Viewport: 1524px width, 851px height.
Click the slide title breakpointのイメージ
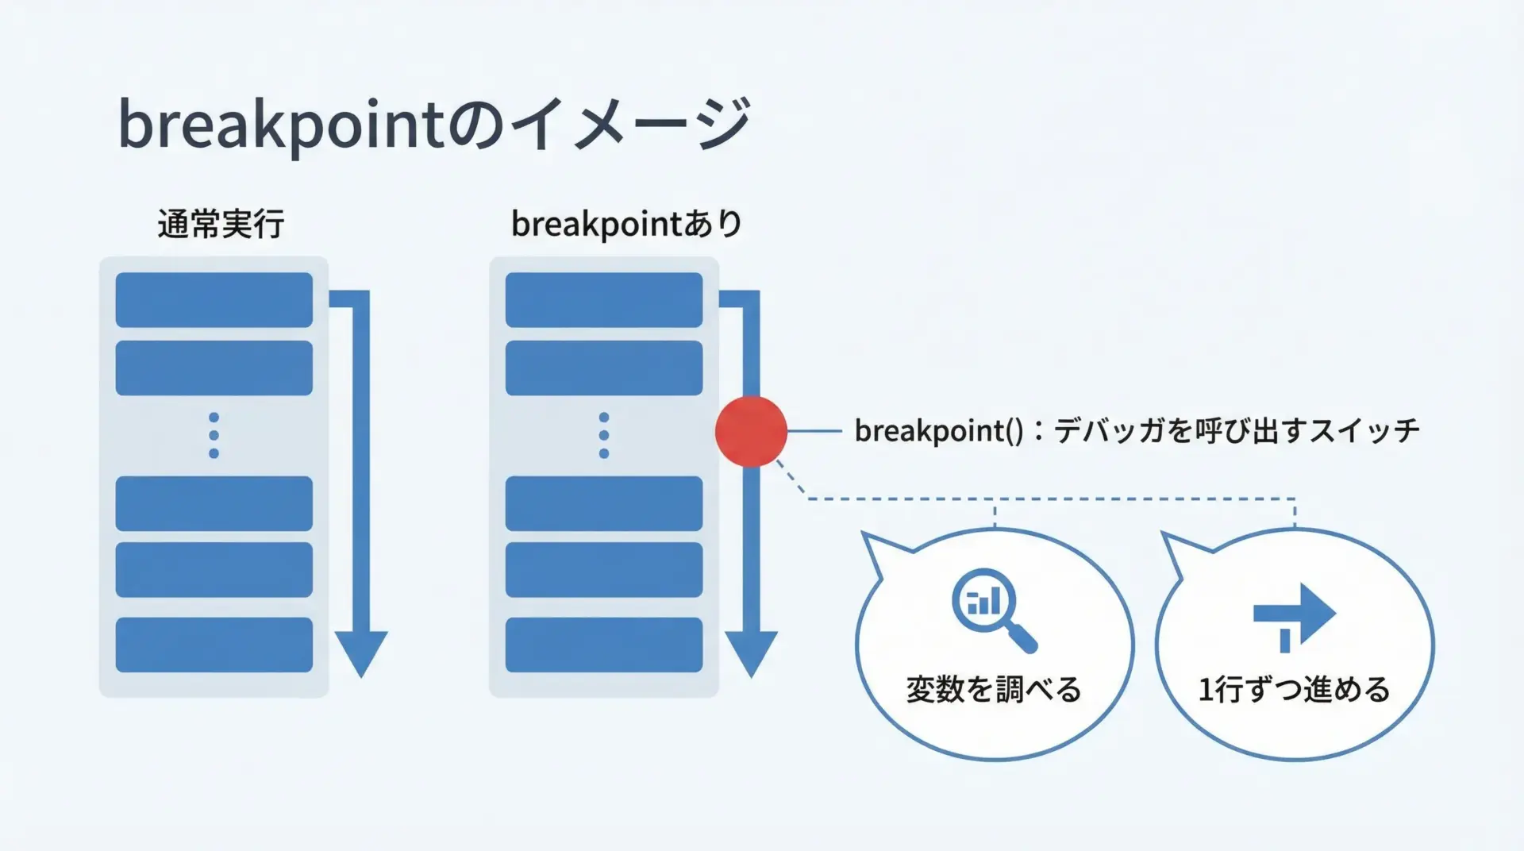(x=433, y=125)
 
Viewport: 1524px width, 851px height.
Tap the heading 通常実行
(x=221, y=225)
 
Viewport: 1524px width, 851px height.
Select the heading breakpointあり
(x=626, y=225)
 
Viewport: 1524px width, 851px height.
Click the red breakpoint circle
(x=751, y=431)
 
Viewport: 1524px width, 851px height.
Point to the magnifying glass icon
(x=994, y=610)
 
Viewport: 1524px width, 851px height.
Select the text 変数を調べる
(x=994, y=689)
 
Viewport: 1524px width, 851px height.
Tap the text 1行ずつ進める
(x=1294, y=689)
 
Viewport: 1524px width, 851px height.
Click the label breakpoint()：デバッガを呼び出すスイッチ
(x=1137, y=431)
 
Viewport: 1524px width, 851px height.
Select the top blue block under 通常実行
(x=214, y=300)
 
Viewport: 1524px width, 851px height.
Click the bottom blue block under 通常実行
(x=214, y=645)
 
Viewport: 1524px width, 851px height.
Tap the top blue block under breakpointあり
(x=604, y=300)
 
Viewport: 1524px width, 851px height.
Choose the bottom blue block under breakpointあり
(x=604, y=645)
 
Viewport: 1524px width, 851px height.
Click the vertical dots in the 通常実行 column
(x=214, y=435)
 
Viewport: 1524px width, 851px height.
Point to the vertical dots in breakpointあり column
(x=604, y=435)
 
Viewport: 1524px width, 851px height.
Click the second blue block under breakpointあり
(x=604, y=368)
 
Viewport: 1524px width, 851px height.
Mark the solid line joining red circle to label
(x=814, y=431)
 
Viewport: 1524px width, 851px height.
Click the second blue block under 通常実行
(x=214, y=368)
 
